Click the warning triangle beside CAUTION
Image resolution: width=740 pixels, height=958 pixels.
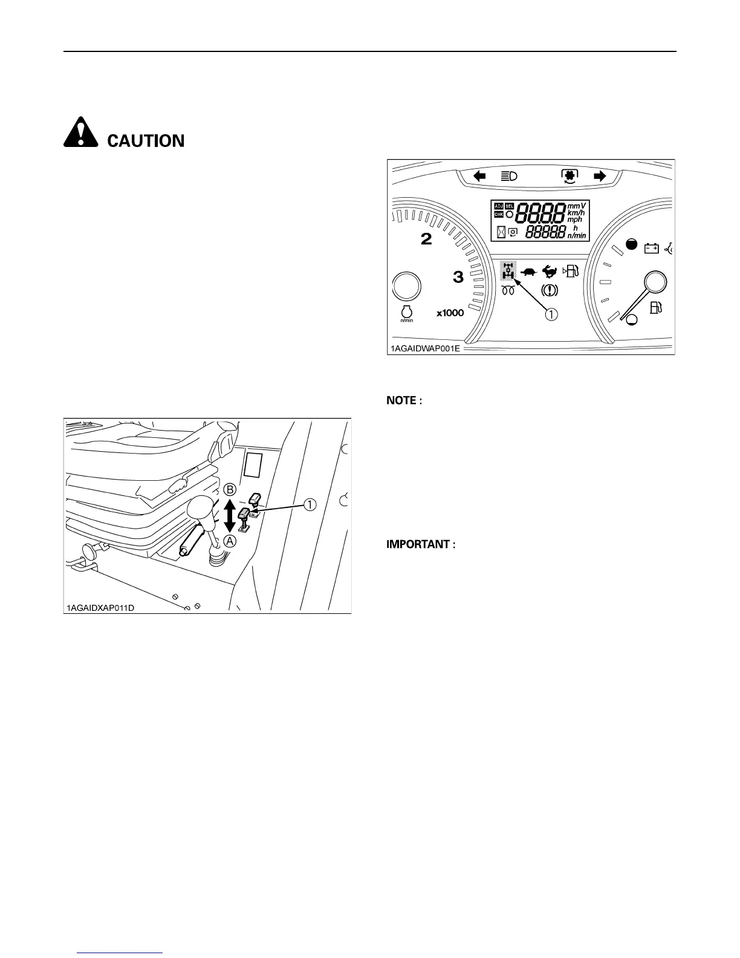click(80, 133)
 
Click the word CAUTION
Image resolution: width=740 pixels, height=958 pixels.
click(146, 141)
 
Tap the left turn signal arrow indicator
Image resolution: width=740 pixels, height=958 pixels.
click(480, 176)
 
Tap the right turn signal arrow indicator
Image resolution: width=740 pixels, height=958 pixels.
click(600, 176)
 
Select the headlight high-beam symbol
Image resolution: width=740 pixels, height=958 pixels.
click(508, 177)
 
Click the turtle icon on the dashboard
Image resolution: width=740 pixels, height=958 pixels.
click(528, 272)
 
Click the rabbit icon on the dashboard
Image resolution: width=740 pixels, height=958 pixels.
click(550, 272)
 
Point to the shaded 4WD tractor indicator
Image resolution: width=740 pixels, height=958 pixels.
click(508, 272)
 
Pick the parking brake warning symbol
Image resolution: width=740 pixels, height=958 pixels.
click(550, 290)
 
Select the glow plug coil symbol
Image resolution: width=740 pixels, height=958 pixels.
click(508, 290)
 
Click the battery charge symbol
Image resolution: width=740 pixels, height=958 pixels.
click(651, 248)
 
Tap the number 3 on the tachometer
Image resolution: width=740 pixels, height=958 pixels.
click(458, 278)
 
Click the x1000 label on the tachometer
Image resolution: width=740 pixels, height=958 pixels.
click(450, 313)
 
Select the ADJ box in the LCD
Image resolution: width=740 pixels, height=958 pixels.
click(499, 206)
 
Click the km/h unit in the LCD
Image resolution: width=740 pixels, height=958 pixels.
click(576, 213)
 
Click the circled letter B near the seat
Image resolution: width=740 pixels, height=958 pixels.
click(230, 489)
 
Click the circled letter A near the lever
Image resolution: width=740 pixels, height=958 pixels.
click(230, 542)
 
